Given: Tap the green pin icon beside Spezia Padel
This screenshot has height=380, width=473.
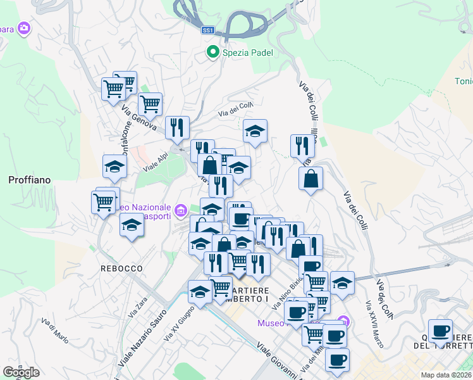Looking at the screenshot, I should [x=213, y=53].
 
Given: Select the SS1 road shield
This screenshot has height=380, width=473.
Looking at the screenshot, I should [x=209, y=30].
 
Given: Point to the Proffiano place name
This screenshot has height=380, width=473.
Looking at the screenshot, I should [x=29, y=180].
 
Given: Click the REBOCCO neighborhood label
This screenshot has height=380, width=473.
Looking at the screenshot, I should [x=121, y=269].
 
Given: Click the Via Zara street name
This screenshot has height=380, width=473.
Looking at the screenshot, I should [x=137, y=308].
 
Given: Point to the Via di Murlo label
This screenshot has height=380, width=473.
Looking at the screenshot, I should [x=54, y=329].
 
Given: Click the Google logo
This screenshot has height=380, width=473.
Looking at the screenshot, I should [x=21, y=372].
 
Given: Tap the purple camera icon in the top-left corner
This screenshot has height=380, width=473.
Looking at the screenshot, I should [x=24, y=28].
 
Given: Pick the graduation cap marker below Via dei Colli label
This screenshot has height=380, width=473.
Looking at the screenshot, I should [x=255, y=131].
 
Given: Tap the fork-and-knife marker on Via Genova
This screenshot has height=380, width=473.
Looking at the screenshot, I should [x=177, y=127].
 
